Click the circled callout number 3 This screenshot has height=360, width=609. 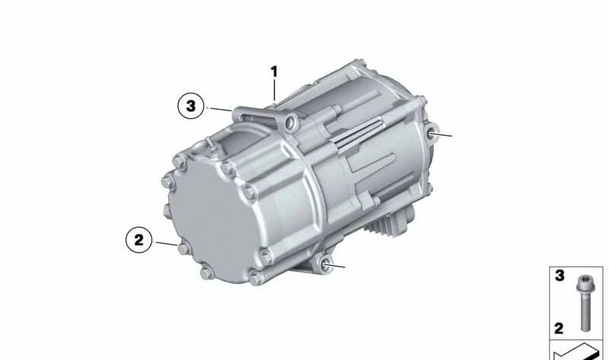[190, 106]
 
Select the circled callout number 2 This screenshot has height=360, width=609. [139, 241]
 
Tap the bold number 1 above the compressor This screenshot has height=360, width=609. [274, 72]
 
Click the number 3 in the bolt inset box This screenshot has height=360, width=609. [560, 276]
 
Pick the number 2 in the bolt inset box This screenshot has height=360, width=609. [560, 329]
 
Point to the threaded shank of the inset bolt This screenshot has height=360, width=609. [585, 312]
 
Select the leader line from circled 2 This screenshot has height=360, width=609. [166, 244]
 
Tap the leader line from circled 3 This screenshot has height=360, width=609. [221, 110]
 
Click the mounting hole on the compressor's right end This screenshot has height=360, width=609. [432, 134]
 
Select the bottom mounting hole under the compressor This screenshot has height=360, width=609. [327, 263]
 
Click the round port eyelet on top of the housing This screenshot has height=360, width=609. [289, 122]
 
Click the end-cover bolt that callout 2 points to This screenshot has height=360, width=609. [180, 247]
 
